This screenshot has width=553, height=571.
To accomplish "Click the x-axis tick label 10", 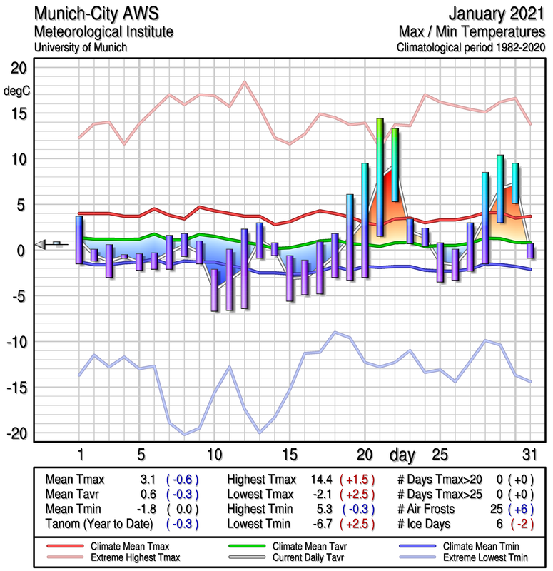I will point(213,455).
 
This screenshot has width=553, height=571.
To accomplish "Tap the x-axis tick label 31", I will point(529,455).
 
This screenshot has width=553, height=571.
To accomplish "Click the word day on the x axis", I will point(403,455).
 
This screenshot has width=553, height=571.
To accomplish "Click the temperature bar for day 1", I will point(79,240).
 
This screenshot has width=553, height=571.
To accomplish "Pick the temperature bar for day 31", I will point(530,251).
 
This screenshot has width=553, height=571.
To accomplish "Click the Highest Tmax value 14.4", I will point(319,480).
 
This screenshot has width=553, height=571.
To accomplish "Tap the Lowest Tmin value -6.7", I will point(319,524).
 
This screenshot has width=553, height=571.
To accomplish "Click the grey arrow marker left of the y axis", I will point(44,244).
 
